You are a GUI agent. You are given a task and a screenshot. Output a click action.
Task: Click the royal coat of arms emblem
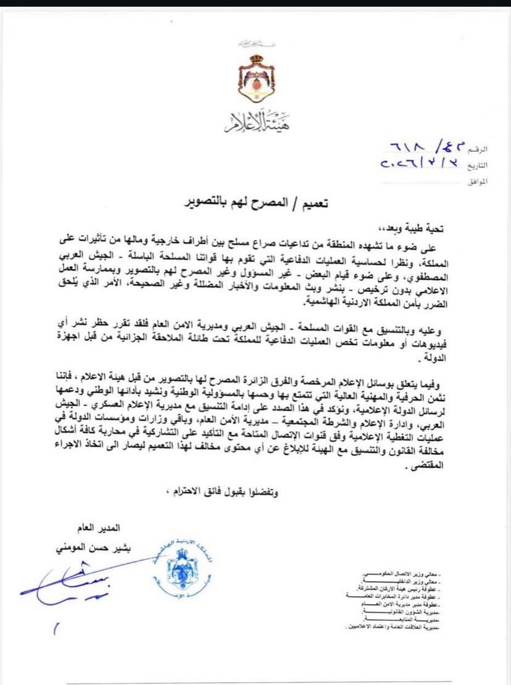[256, 77]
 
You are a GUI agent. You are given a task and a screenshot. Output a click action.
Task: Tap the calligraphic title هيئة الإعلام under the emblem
[256, 123]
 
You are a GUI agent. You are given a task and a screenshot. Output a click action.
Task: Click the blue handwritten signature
[74, 583]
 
